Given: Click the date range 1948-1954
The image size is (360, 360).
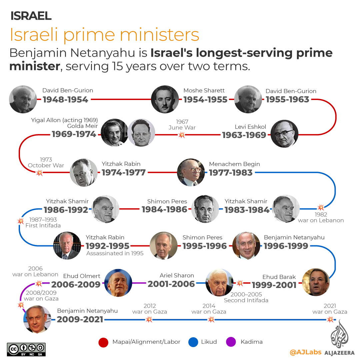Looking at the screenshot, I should point(65,99).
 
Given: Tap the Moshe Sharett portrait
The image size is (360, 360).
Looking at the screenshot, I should point(165,99).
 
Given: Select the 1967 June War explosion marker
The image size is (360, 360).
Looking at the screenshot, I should point(182,135).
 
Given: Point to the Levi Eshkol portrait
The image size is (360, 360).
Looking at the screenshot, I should point(284,134).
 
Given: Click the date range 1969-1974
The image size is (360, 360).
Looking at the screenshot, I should point(74,134).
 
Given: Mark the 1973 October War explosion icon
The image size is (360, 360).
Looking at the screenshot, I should point(39,173).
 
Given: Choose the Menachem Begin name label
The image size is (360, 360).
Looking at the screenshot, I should point(234,164).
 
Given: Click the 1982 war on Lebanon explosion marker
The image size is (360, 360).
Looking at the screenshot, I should point(321,207).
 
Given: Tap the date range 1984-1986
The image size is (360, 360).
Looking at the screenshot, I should point(164,209).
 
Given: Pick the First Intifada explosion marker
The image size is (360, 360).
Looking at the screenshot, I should point(21,221).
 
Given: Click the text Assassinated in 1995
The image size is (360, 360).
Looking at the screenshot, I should point(115,253).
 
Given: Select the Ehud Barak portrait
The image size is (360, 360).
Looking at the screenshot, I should point(315,282).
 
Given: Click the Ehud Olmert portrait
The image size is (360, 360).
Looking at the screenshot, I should point(118,283).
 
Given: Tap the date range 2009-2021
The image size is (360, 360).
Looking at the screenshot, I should point(80,319).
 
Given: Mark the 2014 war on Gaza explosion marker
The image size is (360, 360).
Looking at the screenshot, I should point(211,319).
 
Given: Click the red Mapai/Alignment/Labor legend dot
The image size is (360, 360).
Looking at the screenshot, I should point(103,342).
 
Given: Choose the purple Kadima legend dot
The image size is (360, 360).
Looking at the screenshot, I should point(231,342).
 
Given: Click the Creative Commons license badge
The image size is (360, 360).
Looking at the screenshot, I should point(26,349).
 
